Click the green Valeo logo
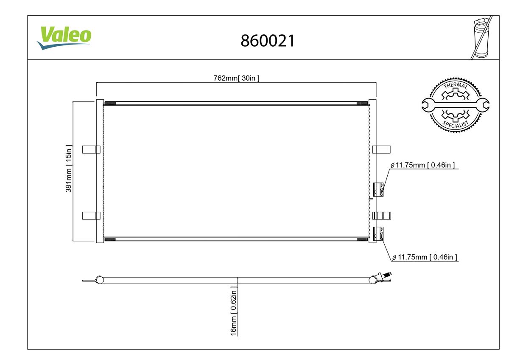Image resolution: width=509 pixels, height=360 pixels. coord(64,38)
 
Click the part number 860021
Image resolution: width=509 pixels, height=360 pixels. coord(268,41)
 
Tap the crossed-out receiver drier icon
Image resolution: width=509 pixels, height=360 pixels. coord(481,37)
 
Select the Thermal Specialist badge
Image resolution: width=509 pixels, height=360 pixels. coord(456,105)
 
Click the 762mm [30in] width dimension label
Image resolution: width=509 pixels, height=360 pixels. coord(236,78)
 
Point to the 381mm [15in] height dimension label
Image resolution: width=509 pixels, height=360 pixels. coord(68,169)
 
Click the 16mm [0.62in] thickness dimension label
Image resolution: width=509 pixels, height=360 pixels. coord(234,311)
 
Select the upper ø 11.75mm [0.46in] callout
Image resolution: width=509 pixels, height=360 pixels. coord(423,165)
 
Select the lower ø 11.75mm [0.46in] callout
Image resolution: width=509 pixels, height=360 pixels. coord(425,257)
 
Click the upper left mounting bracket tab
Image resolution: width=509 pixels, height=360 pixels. coord(91,149)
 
